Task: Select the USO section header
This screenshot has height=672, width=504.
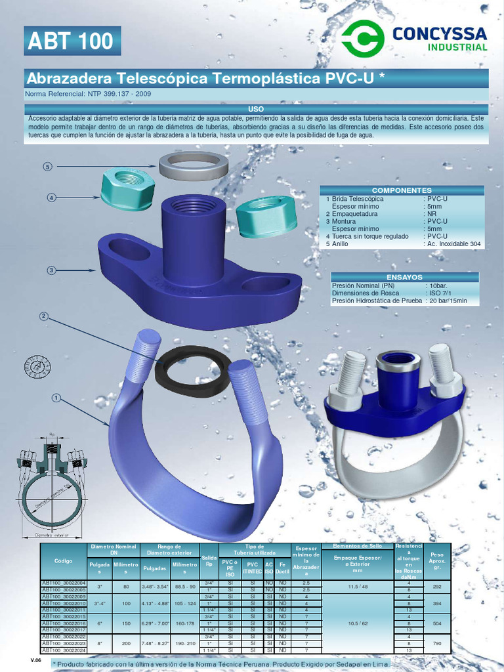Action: coord(256,108)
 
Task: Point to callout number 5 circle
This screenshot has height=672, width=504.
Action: coord(47,167)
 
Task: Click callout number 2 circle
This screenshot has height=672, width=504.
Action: coord(44,316)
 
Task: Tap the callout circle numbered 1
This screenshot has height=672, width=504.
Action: coord(56,398)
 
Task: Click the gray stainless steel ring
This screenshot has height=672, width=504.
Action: coord(193,165)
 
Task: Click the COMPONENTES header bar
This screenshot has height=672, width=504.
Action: coord(402,190)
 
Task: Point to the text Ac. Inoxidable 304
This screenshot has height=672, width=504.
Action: coord(453,243)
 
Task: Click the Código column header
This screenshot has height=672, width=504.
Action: coord(64,561)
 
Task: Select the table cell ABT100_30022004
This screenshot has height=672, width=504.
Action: coord(64,583)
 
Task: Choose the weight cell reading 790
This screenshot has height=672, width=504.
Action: coord(437,644)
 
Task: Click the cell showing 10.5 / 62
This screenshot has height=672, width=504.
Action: coord(357,623)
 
